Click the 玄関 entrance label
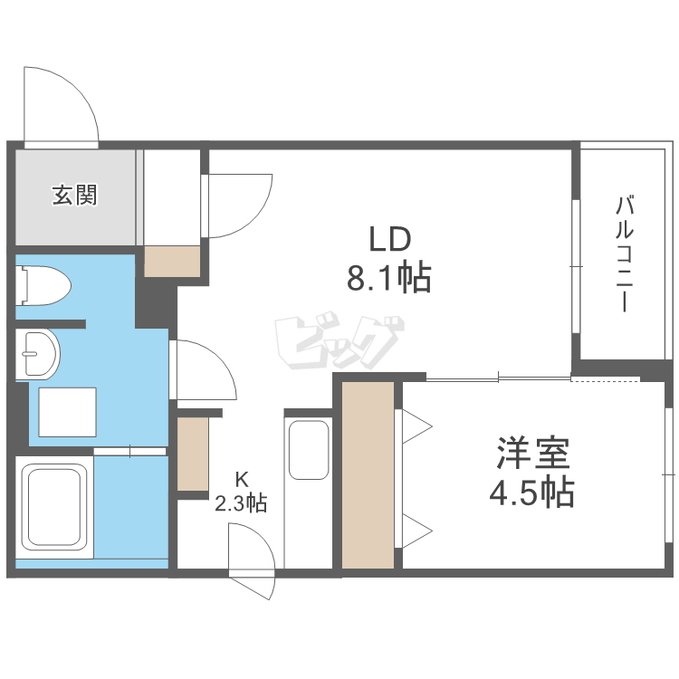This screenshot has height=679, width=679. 74,195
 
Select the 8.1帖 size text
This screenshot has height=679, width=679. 389,278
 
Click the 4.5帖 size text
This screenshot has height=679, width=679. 531,493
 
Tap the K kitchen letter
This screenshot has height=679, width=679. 241,478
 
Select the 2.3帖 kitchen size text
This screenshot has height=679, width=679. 241,503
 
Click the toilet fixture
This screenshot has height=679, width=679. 43,284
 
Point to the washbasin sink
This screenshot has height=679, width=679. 39,351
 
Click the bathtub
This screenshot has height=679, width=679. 54,512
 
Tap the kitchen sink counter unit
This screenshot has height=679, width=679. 309,448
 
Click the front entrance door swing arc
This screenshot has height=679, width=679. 60,104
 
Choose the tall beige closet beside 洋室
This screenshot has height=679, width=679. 368,475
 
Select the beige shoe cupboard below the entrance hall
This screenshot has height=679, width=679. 172,261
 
